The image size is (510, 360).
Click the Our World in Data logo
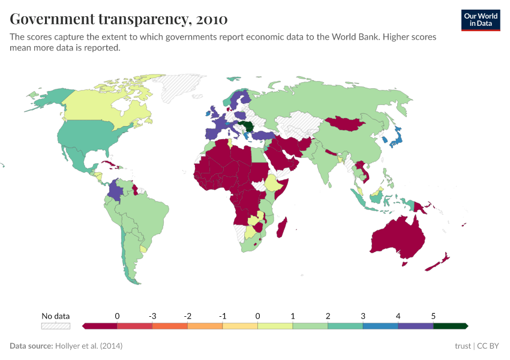(x=481, y=19)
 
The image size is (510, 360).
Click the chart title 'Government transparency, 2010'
(x=119, y=19)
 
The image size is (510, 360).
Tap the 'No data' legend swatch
(x=56, y=326)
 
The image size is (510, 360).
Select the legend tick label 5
(x=433, y=316)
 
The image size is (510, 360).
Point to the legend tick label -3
(x=152, y=316)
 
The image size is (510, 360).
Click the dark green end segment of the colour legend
(x=450, y=326)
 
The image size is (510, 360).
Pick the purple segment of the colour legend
(x=415, y=326)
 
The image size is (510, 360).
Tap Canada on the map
(x=102, y=105)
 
